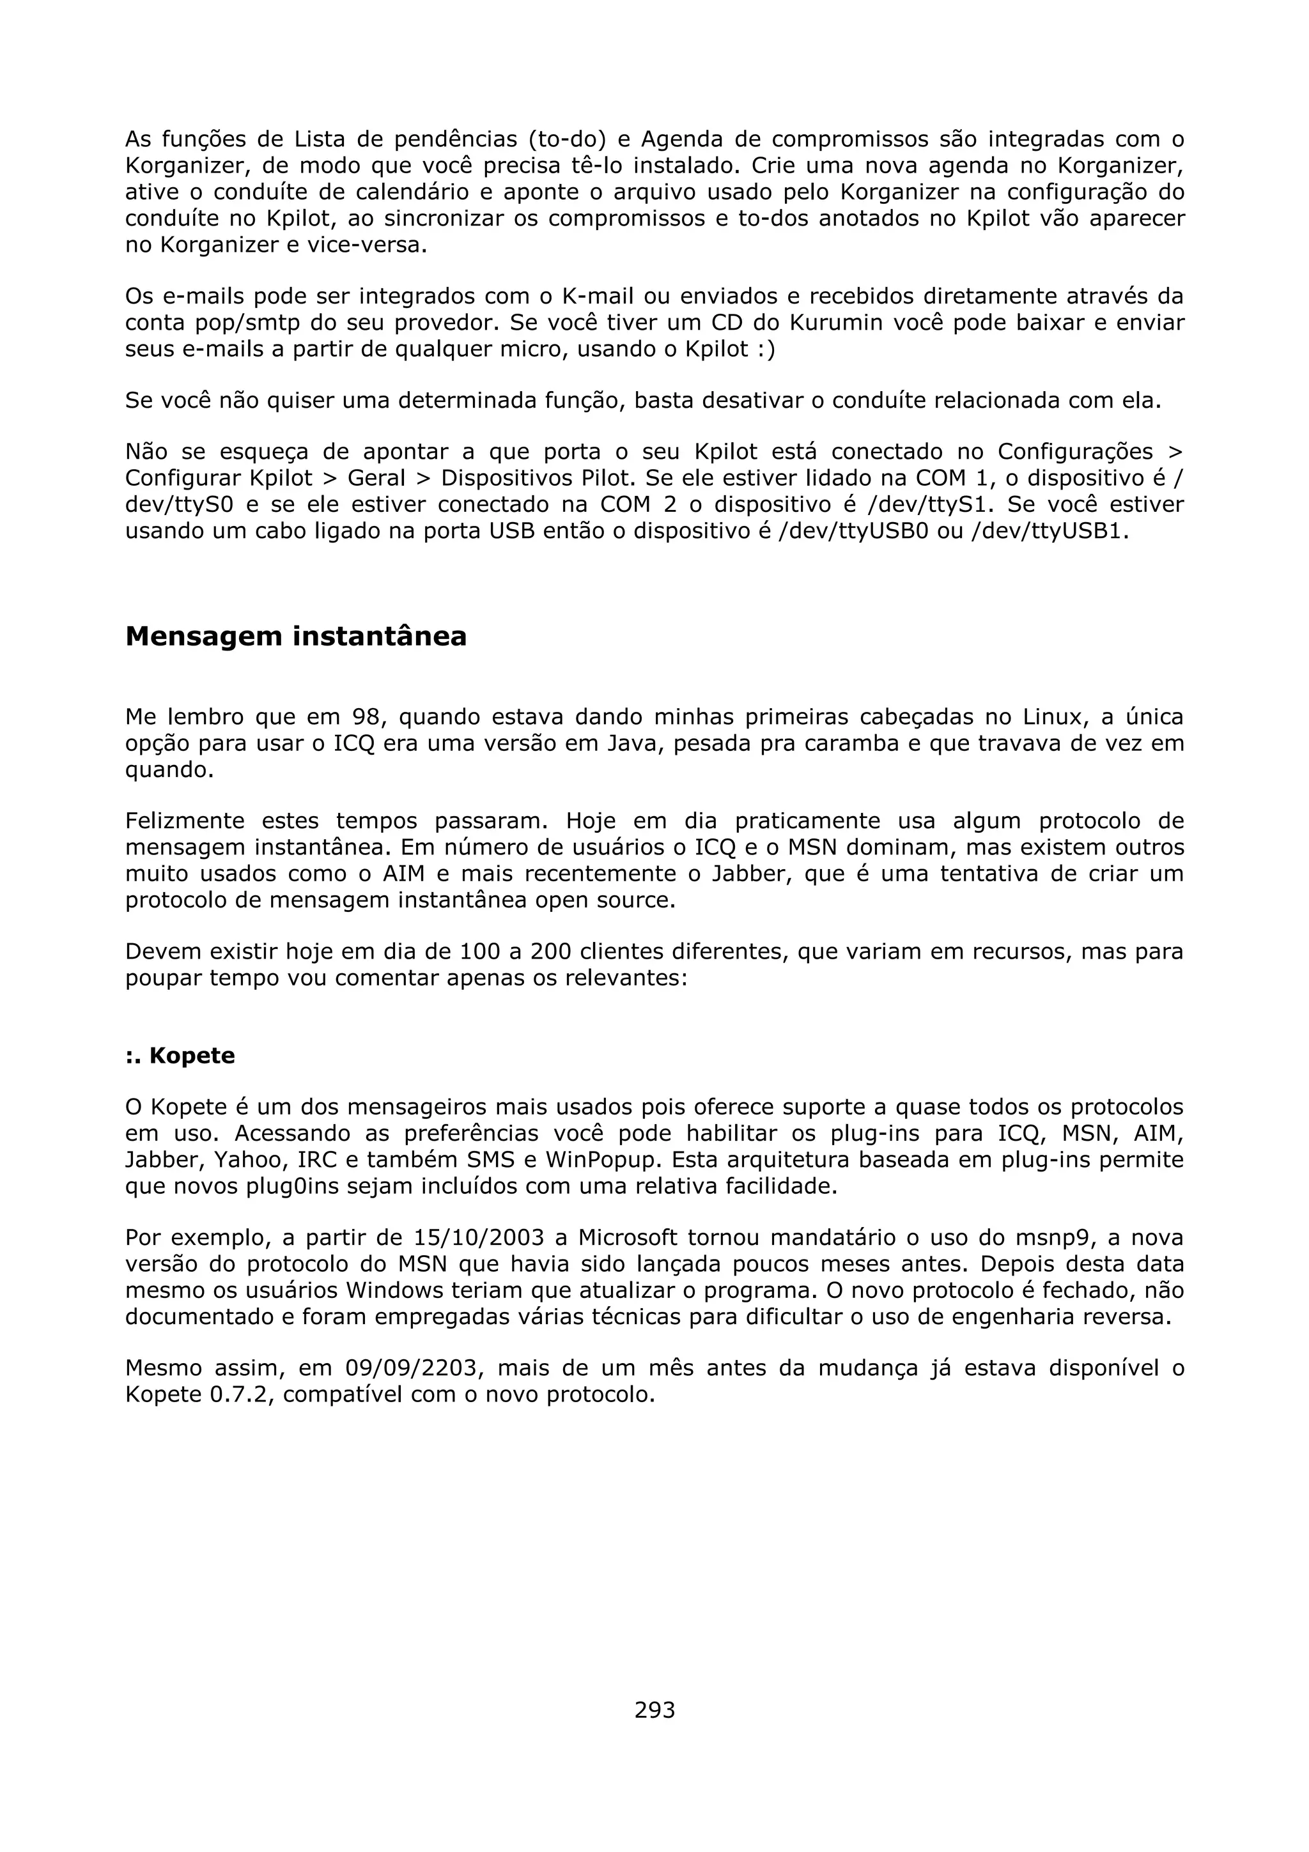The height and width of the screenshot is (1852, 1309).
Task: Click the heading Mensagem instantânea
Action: tap(296, 637)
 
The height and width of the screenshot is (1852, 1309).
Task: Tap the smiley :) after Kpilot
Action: tap(767, 350)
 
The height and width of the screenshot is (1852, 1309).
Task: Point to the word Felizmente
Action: tap(185, 821)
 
